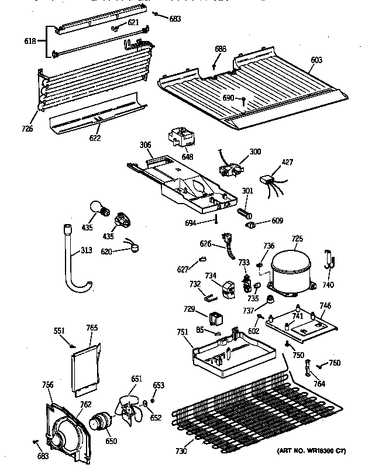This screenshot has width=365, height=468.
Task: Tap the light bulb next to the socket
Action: click(97, 208)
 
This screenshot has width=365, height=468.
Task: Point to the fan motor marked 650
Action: click(100, 422)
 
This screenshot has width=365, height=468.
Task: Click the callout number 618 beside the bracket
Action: click(28, 41)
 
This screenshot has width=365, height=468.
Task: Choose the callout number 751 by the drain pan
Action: click(182, 332)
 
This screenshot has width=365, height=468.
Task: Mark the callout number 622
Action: click(95, 138)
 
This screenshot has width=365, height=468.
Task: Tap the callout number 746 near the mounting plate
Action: click(325, 305)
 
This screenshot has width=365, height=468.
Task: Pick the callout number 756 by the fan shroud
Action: click(48, 384)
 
